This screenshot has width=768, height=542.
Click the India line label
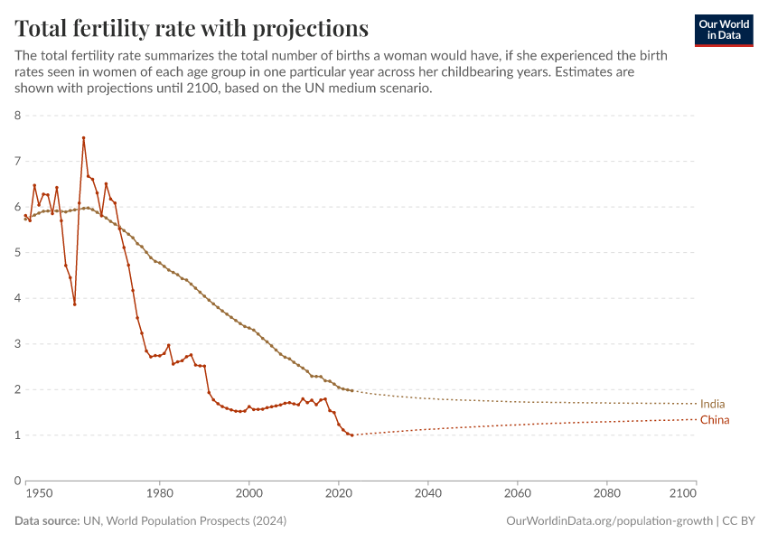click(712, 404)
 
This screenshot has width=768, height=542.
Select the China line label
click(714, 420)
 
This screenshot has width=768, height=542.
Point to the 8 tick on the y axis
click(17, 116)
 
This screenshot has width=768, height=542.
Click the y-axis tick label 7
click(17, 161)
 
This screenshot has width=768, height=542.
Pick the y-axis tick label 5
click(17, 252)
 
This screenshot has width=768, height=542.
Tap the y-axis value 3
click(17, 343)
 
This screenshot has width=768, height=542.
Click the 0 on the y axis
click(17, 481)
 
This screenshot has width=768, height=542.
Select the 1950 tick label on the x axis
click(38, 494)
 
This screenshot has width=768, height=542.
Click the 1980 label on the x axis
click(160, 494)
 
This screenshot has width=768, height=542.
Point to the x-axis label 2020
click(339, 494)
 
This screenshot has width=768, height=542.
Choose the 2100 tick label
click(684, 494)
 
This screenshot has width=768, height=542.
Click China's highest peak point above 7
click(83, 138)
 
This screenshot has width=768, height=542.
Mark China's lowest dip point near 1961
click(74, 304)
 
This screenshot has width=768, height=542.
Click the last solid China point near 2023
click(351, 435)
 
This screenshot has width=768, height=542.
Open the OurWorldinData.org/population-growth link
click(609, 521)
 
